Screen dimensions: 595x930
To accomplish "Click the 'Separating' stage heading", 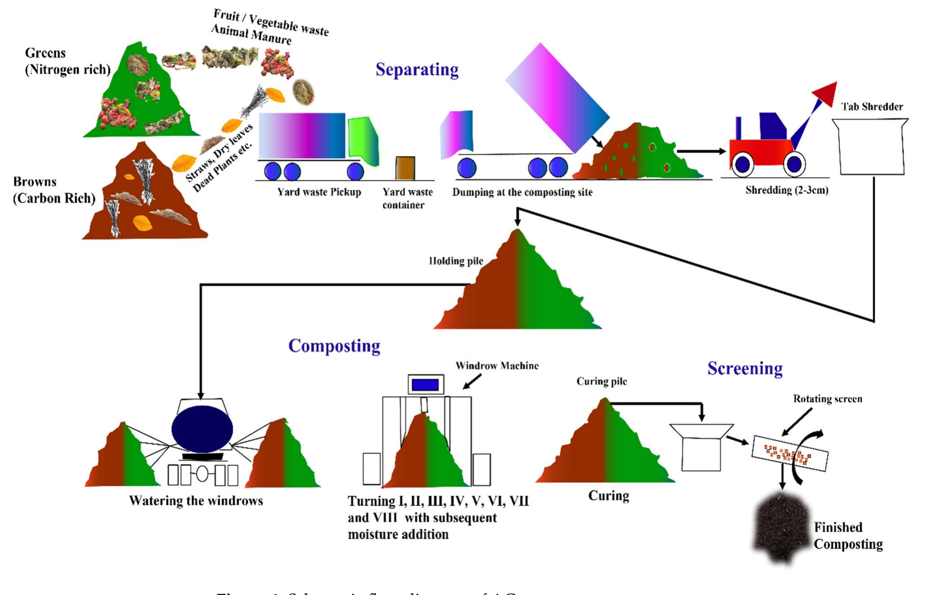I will coord(417,70).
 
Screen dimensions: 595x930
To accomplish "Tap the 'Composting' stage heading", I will coord(334,346).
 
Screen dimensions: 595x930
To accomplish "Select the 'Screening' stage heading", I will coord(745,369).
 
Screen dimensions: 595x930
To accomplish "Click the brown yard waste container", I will coord(405,168).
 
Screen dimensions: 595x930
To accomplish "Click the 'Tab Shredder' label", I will coord(872,107).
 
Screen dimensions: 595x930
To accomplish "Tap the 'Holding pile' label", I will coord(456,261).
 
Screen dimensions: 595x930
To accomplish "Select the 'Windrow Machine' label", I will coord(497,366).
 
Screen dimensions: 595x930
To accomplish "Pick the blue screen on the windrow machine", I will coord(425,385).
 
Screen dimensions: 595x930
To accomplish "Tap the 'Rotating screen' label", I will coord(827,399).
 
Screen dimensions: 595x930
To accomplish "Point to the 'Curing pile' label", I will coord(602,382).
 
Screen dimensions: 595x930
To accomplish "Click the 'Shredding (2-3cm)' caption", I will coord(787,190).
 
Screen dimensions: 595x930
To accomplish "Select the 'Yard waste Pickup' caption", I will coord(319,192).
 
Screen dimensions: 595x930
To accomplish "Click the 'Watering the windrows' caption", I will coord(196,501).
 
